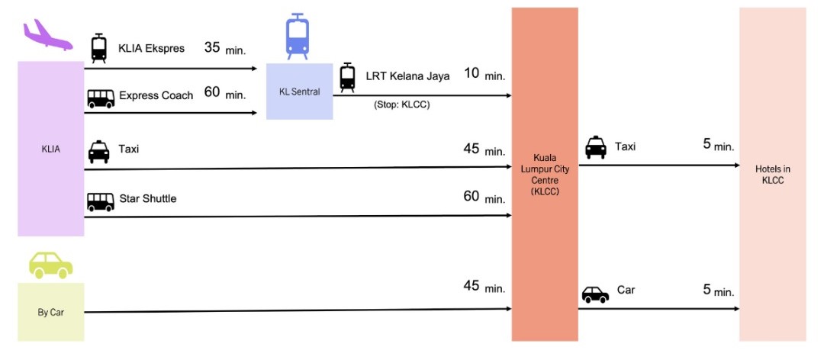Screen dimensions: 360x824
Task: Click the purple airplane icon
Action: click(x=47, y=35)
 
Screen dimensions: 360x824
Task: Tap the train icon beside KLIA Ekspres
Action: click(x=98, y=49)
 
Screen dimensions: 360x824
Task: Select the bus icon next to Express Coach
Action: click(x=100, y=98)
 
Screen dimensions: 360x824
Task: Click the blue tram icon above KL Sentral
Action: click(x=298, y=37)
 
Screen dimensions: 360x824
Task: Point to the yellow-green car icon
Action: click(x=50, y=264)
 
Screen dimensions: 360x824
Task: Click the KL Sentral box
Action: click(x=299, y=92)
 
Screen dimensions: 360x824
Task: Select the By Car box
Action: click(x=50, y=312)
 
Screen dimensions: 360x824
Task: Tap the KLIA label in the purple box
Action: click(x=50, y=149)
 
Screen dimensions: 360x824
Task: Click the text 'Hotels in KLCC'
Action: click(x=772, y=175)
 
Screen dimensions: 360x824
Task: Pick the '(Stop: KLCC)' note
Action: click(x=401, y=104)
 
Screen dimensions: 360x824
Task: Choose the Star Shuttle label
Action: click(x=147, y=199)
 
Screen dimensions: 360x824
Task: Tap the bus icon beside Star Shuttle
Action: click(x=100, y=201)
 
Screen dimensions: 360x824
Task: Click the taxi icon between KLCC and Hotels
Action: click(x=596, y=146)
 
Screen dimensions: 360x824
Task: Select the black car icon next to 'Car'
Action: click(x=595, y=294)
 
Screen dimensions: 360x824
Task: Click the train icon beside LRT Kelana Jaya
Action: click(x=347, y=77)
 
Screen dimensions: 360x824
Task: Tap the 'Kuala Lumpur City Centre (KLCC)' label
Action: click(x=544, y=175)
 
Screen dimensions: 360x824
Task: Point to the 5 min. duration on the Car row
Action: click(x=718, y=291)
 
